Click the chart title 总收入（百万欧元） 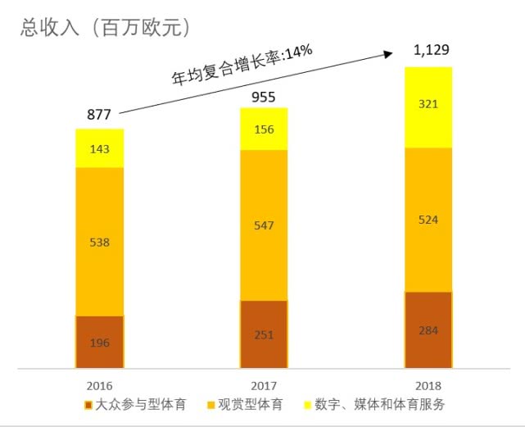(x=106, y=28)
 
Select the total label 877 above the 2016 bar (x=99, y=115)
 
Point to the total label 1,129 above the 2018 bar (x=431, y=51)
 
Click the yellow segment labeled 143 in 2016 (x=99, y=148)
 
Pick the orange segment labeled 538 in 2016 (x=99, y=242)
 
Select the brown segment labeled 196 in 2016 (x=99, y=342)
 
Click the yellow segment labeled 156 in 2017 (x=264, y=129)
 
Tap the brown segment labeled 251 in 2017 (x=264, y=334)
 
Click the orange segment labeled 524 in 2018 (x=428, y=220)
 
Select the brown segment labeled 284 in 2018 (x=428, y=330)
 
